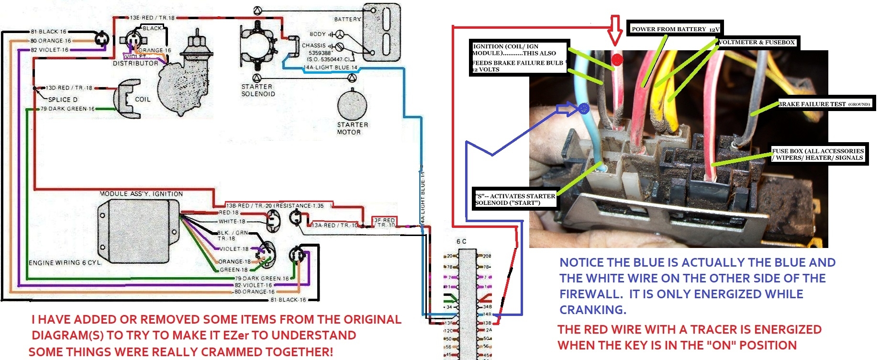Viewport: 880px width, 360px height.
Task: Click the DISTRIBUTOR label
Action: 135,63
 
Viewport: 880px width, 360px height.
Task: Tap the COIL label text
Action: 143,100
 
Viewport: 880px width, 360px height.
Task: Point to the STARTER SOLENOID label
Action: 258,90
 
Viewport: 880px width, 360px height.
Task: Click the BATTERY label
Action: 347,19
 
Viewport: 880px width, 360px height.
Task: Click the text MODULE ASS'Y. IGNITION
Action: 141,194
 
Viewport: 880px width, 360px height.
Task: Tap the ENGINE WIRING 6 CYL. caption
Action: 65,262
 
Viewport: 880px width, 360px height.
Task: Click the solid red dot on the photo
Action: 617,60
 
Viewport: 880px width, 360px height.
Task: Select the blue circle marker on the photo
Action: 584,108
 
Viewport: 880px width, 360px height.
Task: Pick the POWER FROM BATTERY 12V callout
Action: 675,29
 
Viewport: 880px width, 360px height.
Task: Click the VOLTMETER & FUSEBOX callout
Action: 757,42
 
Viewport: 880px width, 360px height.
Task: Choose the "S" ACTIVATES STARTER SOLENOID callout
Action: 515,199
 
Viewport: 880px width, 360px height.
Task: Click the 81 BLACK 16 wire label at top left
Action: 48,32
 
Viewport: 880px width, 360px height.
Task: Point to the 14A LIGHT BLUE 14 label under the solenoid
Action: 331,67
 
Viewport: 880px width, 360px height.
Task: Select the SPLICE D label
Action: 63,100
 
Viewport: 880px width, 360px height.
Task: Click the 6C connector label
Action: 461,241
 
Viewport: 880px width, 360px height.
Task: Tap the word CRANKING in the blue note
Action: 592,310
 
